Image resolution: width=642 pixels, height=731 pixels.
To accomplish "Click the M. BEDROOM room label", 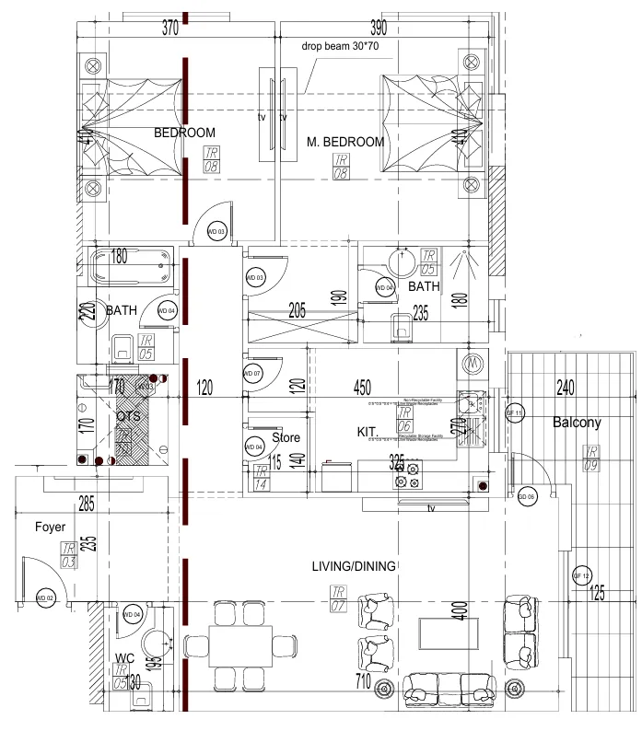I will [345, 142].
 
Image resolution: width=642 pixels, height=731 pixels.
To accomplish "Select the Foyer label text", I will [50, 528].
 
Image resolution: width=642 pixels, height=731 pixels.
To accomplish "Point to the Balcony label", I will [577, 424].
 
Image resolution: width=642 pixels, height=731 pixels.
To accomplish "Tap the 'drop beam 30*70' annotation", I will [339, 46].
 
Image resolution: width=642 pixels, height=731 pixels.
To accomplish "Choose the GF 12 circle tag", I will [580, 575].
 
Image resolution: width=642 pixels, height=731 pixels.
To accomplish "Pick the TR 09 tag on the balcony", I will [589, 457].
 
